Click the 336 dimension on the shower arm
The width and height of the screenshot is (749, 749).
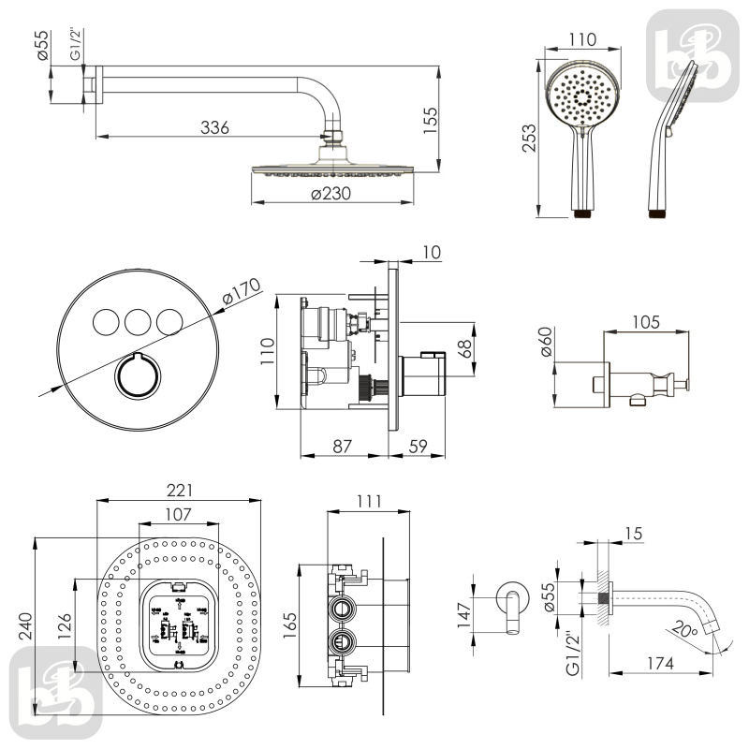tap(215, 127)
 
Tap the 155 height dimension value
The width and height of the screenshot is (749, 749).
tap(431, 120)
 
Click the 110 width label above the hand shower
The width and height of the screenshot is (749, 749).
tap(582, 40)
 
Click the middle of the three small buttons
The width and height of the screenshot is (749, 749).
tap(137, 322)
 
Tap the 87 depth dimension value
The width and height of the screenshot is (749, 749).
tap(344, 447)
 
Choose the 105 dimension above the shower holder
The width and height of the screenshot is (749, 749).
tap(645, 321)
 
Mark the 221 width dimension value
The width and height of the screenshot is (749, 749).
tap(178, 489)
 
